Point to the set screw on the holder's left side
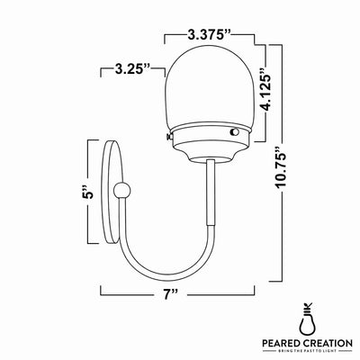point(168,136)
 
